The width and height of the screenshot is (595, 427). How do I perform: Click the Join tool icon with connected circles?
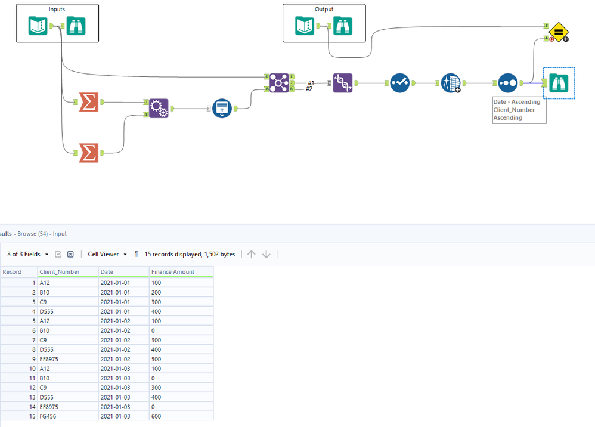pos(279,82)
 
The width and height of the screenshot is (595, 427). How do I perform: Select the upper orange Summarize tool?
pos(88,102)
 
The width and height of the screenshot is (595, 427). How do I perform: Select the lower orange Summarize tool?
pos(88,153)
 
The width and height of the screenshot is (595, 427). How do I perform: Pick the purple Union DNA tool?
pos(343,82)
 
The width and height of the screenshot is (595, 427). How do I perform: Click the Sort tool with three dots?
pos(507,82)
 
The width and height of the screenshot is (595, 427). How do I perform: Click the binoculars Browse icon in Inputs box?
pos(76,25)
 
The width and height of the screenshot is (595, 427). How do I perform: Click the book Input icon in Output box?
pos(305,25)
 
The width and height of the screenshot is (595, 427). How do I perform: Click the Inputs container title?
pos(57,10)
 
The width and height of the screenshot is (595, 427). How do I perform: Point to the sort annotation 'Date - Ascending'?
pos(516,102)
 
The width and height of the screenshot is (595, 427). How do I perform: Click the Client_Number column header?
pos(59,272)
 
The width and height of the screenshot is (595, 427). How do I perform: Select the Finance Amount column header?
pos(173,272)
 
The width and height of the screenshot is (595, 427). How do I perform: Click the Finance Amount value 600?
pos(157,416)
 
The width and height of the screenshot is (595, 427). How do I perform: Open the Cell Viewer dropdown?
pos(107,254)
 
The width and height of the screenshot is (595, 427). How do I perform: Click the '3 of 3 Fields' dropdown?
pos(27,254)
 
